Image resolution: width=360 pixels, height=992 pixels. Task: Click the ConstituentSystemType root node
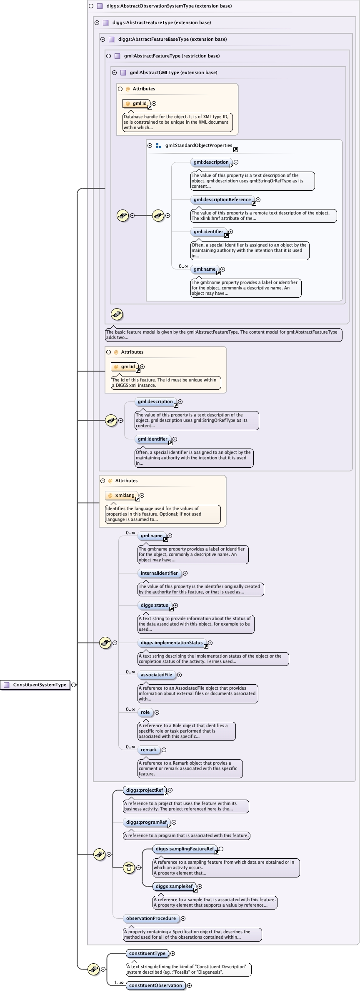click(x=40, y=685)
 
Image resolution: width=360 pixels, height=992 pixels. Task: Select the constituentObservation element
click(x=155, y=985)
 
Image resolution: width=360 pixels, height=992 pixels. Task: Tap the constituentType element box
click(x=147, y=953)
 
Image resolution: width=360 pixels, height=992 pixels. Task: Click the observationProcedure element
click(x=151, y=918)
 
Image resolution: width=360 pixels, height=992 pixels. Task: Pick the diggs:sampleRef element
click(x=174, y=886)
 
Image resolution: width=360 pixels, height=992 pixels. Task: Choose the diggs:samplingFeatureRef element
click(x=185, y=849)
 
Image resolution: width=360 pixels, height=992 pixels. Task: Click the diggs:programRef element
click(x=146, y=822)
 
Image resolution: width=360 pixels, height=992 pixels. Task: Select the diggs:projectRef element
click(x=145, y=790)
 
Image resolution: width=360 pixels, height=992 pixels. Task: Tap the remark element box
click(x=149, y=750)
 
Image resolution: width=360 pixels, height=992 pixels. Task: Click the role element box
click(x=145, y=712)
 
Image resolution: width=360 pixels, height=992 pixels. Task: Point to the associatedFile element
click(x=156, y=675)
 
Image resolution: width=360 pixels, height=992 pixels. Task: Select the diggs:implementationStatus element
click(x=172, y=643)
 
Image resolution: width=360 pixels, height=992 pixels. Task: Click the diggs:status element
click(x=155, y=605)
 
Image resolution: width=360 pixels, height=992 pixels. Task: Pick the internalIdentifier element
click(x=159, y=573)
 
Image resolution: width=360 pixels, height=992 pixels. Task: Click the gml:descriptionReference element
click(x=222, y=199)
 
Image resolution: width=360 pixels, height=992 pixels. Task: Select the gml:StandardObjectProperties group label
click(x=198, y=145)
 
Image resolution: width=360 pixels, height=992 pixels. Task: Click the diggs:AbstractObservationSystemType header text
click(x=169, y=6)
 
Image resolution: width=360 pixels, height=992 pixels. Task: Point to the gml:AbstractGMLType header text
click(x=173, y=72)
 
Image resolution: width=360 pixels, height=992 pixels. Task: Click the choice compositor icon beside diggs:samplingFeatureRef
click(x=129, y=868)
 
